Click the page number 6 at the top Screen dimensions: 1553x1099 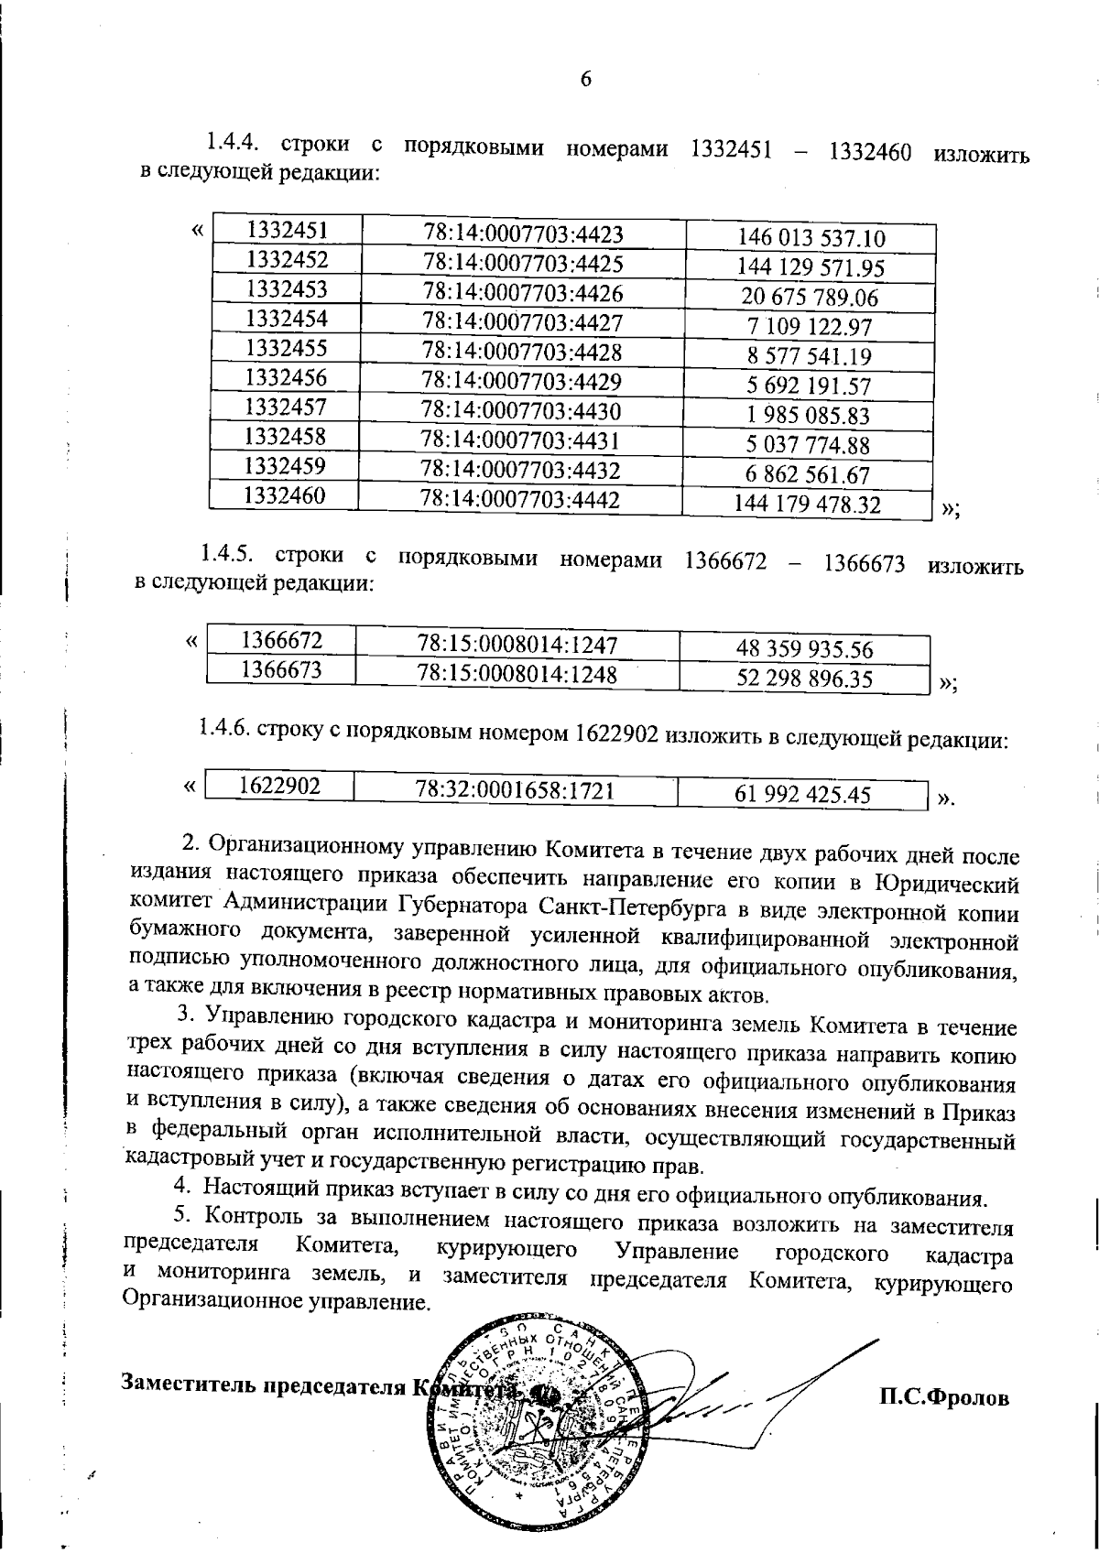coord(586,80)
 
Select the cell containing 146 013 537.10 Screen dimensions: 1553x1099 coord(811,239)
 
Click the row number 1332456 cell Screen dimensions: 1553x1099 coord(287,376)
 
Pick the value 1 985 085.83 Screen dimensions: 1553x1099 coord(810,416)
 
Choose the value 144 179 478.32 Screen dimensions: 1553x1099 coord(807,505)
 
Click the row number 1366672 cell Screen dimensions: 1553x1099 coord(280,639)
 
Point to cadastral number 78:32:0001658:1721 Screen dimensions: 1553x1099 coord(514,789)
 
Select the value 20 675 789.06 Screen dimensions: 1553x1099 coord(810,298)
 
